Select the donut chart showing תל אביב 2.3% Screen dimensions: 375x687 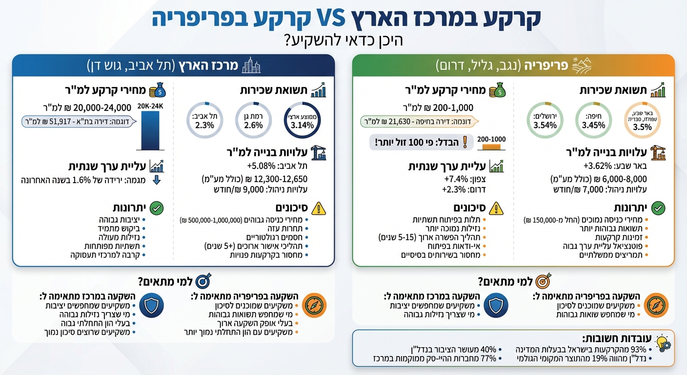(x=203, y=120)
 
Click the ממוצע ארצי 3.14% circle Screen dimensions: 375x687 (x=302, y=120)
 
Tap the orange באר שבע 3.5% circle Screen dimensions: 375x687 (x=642, y=120)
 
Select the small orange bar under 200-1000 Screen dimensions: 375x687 (x=492, y=146)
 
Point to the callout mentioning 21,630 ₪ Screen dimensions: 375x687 (x=419, y=121)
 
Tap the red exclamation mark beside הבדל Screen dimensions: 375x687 (x=464, y=143)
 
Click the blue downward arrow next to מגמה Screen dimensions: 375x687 (x=156, y=180)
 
